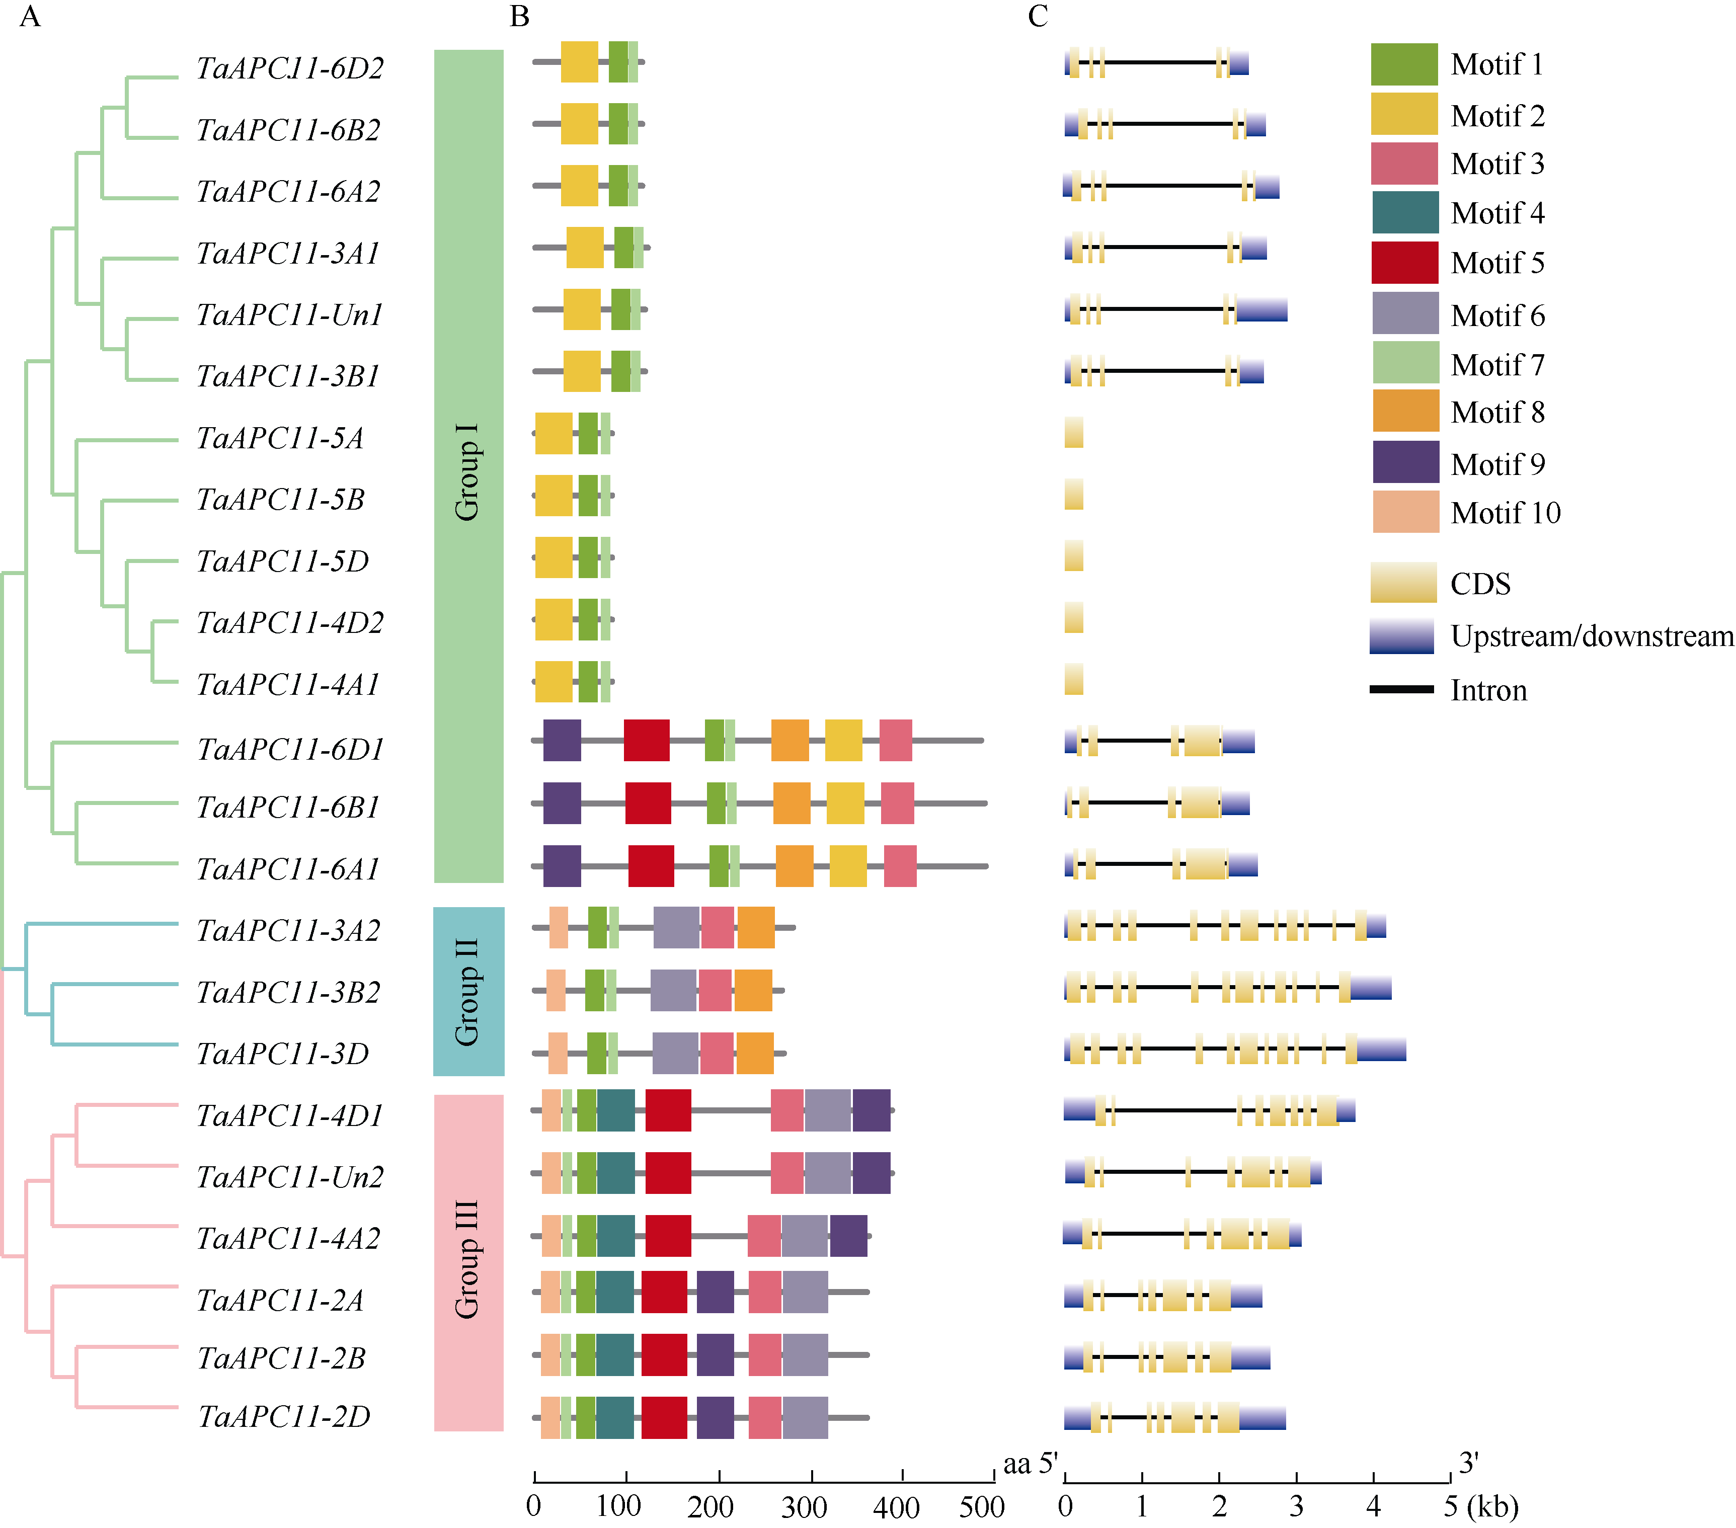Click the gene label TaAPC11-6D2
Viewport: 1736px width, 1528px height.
(x=290, y=68)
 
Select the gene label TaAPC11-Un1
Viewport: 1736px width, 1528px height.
(x=290, y=315)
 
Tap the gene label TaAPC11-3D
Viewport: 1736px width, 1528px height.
(x=283, y=1054)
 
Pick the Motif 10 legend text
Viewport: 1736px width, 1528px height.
(x=1505, y=513)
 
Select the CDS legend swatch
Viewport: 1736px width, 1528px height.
(x=1403, y=583)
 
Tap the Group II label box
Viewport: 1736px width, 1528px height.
(x=469, y=991)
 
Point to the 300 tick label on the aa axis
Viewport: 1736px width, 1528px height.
(x=804, y=1507)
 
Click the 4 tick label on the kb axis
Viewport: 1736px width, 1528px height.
(x=1373, y=1507)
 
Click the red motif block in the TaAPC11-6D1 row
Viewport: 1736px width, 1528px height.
(x=646, y=741)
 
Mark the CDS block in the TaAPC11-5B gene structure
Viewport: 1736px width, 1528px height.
(x=1073, y=495)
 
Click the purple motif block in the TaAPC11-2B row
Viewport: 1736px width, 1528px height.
(x=715, y=1355)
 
